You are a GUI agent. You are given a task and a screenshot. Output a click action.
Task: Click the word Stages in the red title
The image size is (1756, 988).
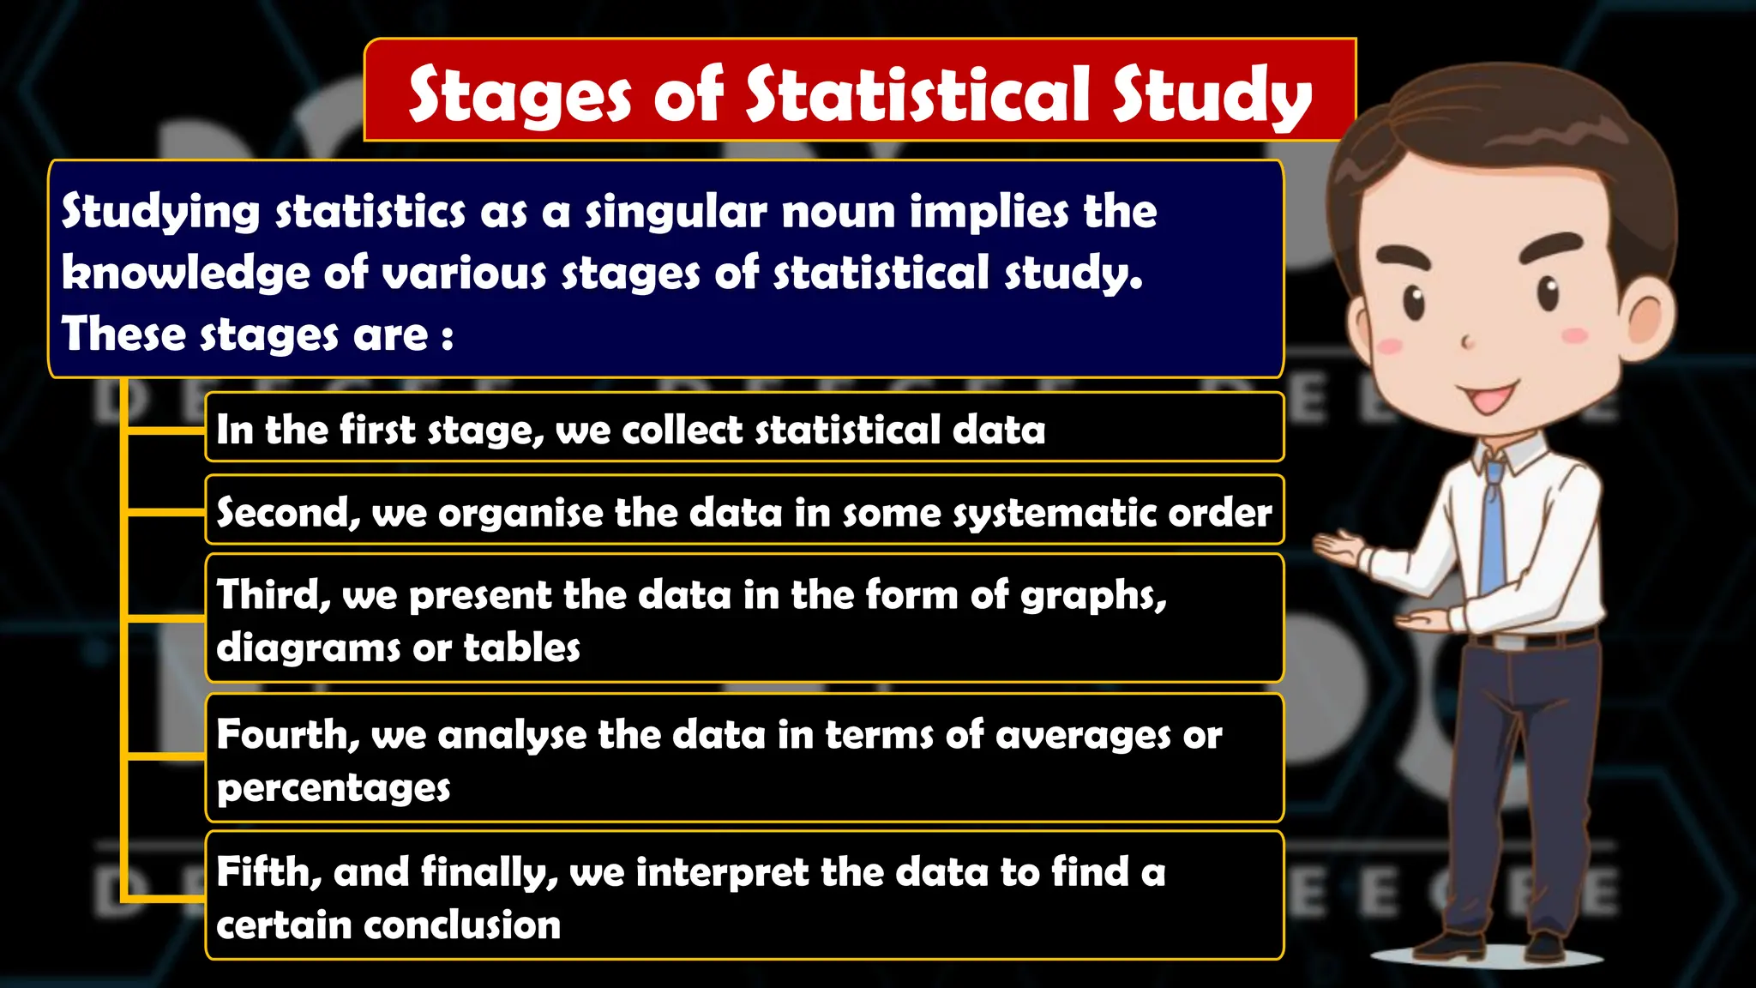[520, 96]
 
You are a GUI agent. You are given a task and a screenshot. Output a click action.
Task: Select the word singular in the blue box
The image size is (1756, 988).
[676, 212]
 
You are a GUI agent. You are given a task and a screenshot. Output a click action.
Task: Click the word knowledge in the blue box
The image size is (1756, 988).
[184, 273]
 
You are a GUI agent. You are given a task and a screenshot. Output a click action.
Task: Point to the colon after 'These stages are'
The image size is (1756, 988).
[448, 336]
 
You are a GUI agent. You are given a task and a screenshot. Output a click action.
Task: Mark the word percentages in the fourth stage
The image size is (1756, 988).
[334, 788]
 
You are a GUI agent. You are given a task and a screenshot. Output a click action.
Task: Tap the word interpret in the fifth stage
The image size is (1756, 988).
[722, 873]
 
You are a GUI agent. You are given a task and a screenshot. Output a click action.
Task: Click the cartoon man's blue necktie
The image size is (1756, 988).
[1493, 532]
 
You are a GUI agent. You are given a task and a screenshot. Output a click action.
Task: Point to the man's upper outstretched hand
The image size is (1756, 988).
[1339, 547]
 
